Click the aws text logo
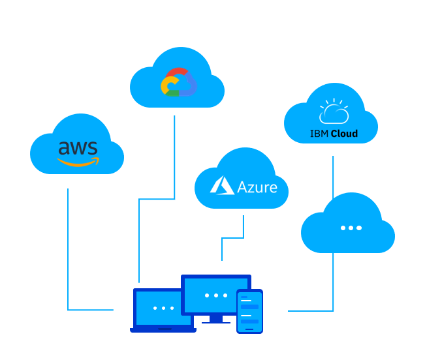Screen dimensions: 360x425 pos(77,147)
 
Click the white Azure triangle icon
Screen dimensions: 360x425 pos(222,185)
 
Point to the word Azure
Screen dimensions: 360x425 pos(257,187)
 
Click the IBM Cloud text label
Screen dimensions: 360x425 pos(334,134)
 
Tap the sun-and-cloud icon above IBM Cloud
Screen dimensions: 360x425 pos(333,112)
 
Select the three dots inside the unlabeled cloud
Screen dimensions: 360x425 pos(351,228)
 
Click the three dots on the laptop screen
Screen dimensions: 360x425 pos(163,308)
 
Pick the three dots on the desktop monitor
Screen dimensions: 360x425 pos(216,295)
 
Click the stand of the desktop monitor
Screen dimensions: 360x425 pos(216,319)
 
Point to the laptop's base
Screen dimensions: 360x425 pos(163,330)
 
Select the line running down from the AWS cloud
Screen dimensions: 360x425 pos(68,248)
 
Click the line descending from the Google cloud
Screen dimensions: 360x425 pos(174,157)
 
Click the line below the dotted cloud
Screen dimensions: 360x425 pos(333,280)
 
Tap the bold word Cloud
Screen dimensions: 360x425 pos(344,134)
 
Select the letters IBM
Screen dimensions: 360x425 pos(319,134)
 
